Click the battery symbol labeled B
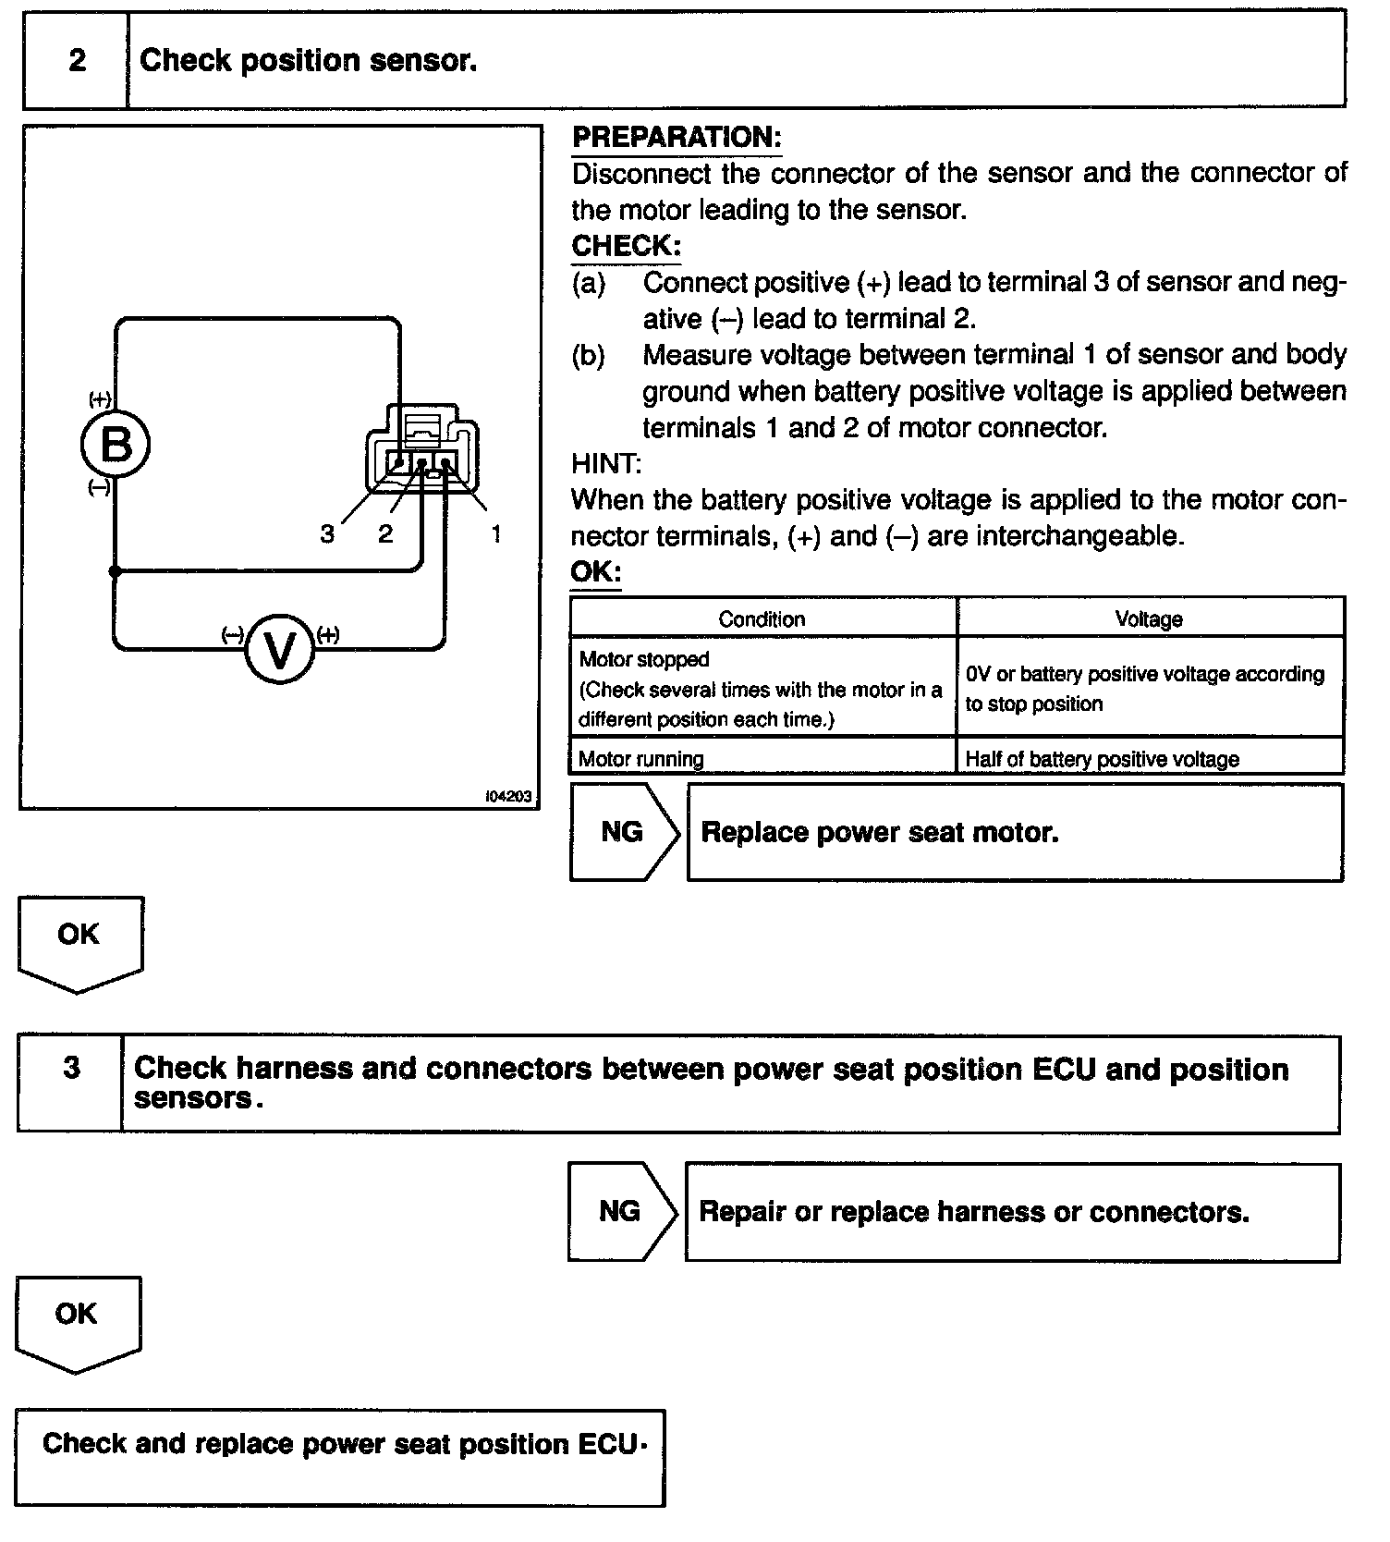[x=116, y=445]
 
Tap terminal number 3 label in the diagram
[x=327, y=533]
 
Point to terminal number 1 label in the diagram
[x=496, y=533]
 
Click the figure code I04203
[x=508, y=796]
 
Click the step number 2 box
[x=77, y=61]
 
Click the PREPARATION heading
[x=677, y=138]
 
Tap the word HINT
[x=605, y=463]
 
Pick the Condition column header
[x=762, y=618]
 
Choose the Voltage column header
[x=1149, y=618]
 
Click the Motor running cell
[x=762, y=759]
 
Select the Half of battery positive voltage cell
[x=1149, y=759]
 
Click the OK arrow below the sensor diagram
[x=79, y=940]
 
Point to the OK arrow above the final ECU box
[x=77, y=1320]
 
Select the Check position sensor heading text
[x=308, y=61]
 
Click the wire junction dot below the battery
[x=115, y=571]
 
